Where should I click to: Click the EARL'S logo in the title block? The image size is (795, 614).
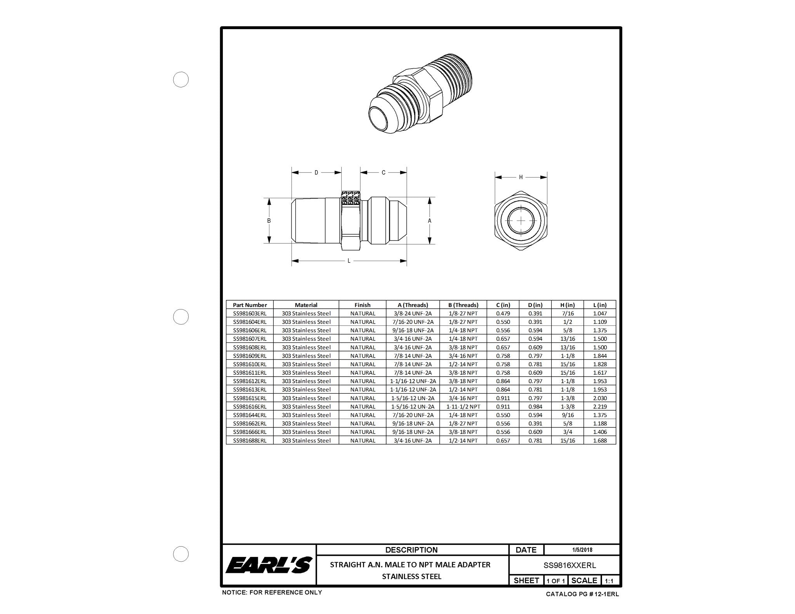269,565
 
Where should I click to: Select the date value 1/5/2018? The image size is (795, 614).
581,550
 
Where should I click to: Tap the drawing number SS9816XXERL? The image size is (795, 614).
569,566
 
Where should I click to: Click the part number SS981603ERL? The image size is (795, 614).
250,313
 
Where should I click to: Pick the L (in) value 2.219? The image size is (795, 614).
600,406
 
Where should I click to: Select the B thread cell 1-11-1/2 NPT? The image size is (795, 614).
463,406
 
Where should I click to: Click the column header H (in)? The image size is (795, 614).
567,305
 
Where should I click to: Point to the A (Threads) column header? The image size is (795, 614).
413,305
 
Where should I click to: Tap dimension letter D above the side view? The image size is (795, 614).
316,173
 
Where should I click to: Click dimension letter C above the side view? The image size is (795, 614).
384,173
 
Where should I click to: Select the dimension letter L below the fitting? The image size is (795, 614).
349,261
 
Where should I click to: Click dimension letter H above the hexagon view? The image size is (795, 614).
521,177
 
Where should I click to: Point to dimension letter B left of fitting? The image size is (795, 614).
269,221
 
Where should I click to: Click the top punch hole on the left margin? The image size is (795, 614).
181,80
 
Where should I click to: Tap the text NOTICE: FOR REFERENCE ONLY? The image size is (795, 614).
272,592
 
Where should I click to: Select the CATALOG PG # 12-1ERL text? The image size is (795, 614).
582,594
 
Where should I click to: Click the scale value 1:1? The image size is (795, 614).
609,581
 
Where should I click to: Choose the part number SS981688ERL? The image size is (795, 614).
250,441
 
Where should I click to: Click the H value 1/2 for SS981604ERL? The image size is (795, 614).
567,322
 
